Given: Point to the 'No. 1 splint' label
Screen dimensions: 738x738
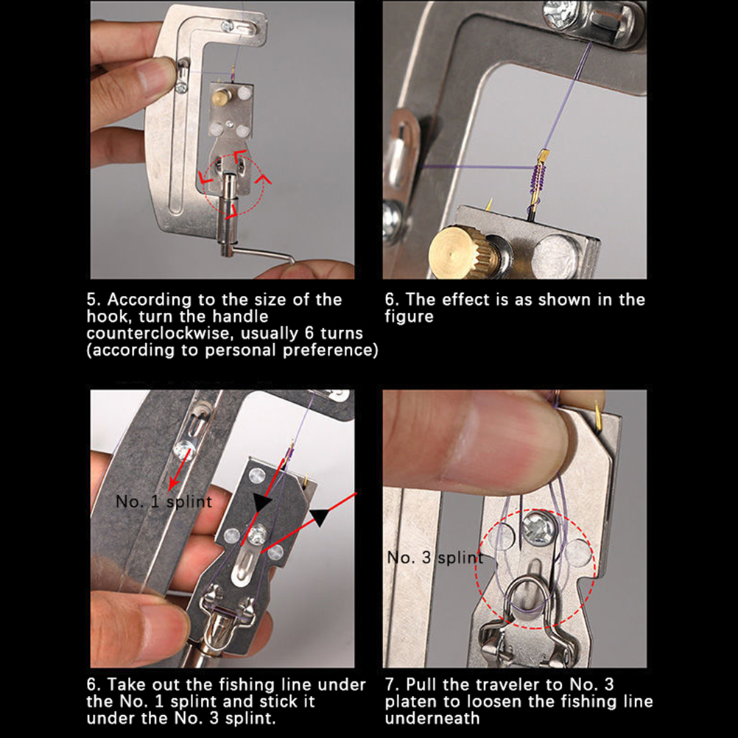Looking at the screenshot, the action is tap(164, 502).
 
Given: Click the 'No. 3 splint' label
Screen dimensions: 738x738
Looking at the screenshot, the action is tap(435, 558).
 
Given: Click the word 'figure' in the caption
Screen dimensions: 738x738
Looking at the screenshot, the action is tap(409, 317).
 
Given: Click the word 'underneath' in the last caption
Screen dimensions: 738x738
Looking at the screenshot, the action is tap(432, 718).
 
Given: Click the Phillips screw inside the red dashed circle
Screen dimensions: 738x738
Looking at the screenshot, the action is tap(538, 529).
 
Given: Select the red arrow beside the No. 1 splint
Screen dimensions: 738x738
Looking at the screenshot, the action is tap(180, 469).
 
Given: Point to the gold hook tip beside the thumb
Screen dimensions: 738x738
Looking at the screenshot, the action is tap(598, 410).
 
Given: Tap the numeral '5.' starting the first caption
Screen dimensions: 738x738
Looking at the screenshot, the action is tap(94, 300).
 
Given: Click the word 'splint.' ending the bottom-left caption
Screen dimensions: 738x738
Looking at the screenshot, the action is tap(250, 719).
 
